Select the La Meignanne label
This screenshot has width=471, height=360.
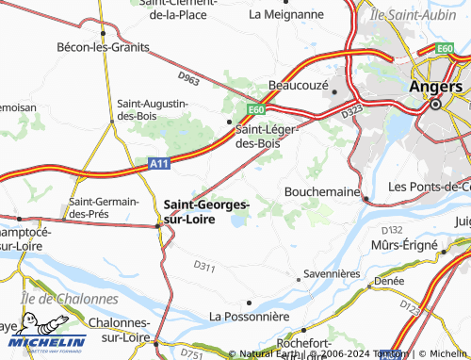(x=283, y=14)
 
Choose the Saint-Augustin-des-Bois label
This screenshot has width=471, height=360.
(x=152, y=109)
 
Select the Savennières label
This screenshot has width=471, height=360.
(x=332, y=274)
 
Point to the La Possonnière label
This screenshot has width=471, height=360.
(x=248, y=316)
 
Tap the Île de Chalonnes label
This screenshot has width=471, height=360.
(x=69, y=299)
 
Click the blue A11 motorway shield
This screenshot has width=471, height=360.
(x=160, y=163)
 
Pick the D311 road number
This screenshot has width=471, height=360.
(x=204, y=268)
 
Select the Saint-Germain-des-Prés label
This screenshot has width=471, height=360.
(x=104, y=207)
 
